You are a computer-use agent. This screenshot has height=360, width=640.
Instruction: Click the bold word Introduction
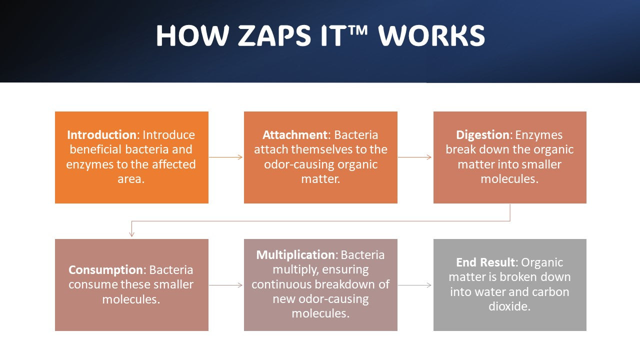click(x=101, y=135)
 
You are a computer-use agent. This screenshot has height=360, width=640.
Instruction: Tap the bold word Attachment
click(x=295, y=135)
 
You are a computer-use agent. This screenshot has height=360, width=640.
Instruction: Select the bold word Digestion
click(x=482, y=135)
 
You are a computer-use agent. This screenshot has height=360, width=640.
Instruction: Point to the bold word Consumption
click(x=106, y=270)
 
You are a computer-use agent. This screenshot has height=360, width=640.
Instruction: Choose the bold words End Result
click(x=484, y=262)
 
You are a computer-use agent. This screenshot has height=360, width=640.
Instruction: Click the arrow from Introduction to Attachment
click(x=226, y=157)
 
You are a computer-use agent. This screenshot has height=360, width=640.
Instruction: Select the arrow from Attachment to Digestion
click(x=415, y=157)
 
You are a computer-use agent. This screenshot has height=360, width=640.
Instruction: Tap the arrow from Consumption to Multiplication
click(x=226, y=285)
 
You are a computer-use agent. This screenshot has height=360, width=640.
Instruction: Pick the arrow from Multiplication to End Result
click(x=415, y=285)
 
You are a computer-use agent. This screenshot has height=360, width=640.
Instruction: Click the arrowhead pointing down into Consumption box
click(x=132, y=233)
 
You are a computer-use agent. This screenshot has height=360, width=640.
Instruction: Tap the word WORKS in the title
click(x=431, y=36)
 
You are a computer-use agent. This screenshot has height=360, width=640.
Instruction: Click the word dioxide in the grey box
click(x=509, y=306)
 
